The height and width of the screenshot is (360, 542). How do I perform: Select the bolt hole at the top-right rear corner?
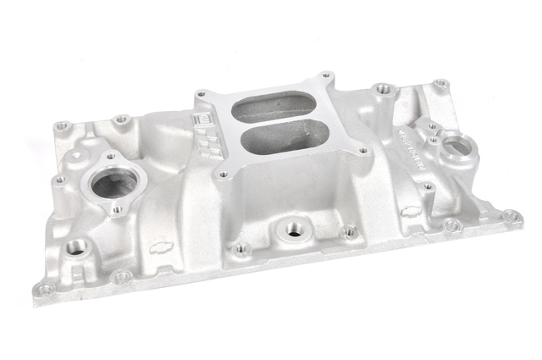click(x=440, y=84)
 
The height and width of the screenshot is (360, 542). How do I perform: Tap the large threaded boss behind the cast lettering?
click(x=384, y=87)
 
